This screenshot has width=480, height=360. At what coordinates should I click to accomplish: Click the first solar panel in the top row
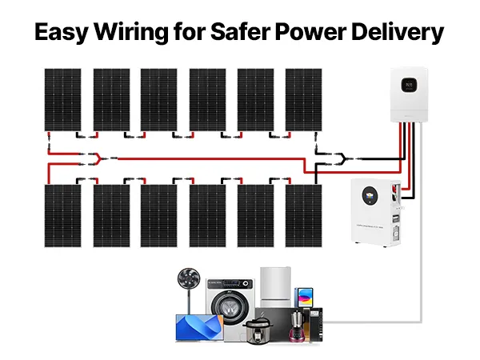coord(62,98)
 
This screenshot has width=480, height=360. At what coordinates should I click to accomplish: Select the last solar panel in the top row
coord(303,98)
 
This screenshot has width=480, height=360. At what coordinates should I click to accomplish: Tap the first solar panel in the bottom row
coord(62,214)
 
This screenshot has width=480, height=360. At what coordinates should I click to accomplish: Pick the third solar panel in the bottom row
coord(159,214)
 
